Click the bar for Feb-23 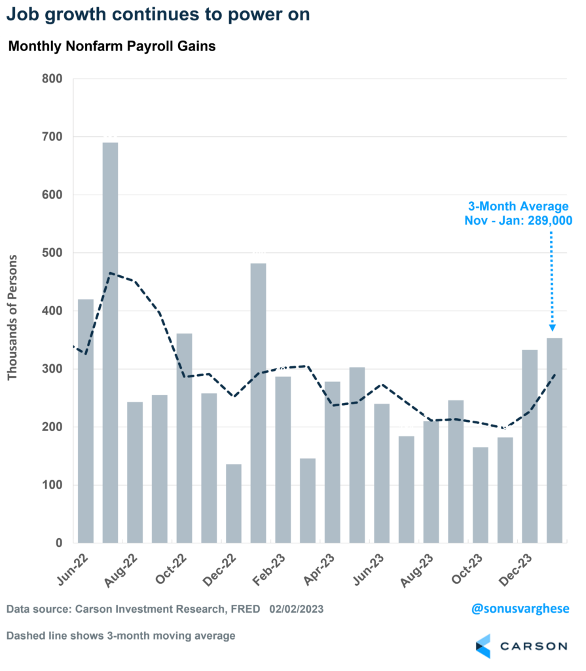[x=283, y=459]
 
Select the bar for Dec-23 [x=529, y=446]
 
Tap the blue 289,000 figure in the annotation [x=545, y=221]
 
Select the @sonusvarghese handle [x=521, y=609]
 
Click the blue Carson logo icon [x=483, y=645]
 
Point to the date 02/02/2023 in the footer [x=297, y=609]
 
